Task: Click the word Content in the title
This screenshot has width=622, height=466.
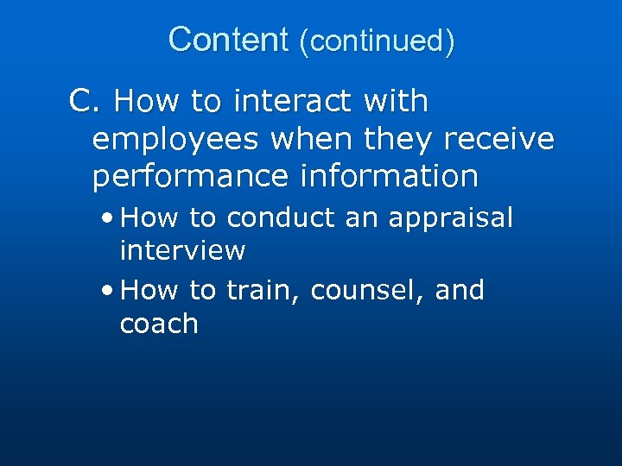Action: [x=228, y=40]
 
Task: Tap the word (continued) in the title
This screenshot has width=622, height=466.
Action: [x=376, y=41]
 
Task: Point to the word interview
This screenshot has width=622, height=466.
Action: [x=182, y=251]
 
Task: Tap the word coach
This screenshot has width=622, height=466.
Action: [x=159, y=324]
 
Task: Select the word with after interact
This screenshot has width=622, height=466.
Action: [x=396, y=102]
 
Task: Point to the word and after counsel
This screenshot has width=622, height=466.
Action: [x=460, y=290]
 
